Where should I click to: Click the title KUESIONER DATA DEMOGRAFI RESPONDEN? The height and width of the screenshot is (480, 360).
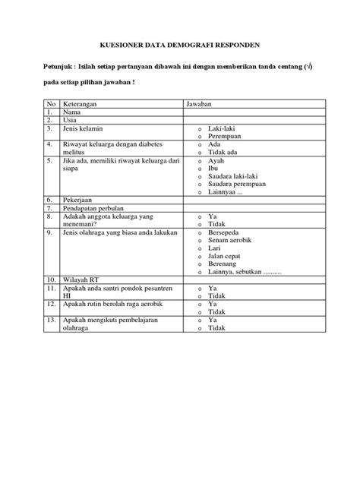[x=179, y=44]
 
